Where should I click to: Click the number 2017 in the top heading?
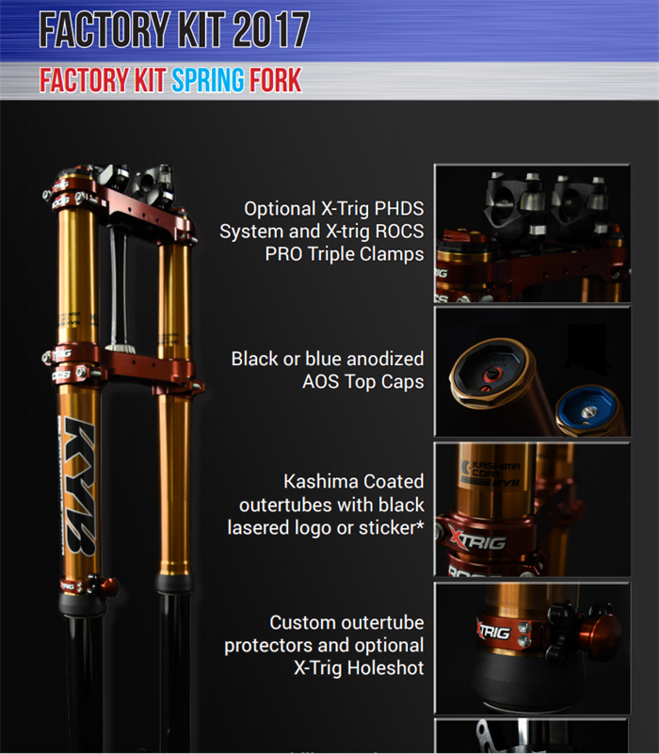[x=271, y=30]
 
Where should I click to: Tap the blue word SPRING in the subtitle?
[x=207, y=80]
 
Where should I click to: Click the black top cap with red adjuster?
[x=492, y=372]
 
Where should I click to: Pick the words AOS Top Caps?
[x=363, y=382]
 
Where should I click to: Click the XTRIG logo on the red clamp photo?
[x=477, y=540]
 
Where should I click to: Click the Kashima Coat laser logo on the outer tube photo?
[x=490, y=473]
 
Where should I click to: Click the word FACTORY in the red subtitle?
[x=84, y=80]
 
